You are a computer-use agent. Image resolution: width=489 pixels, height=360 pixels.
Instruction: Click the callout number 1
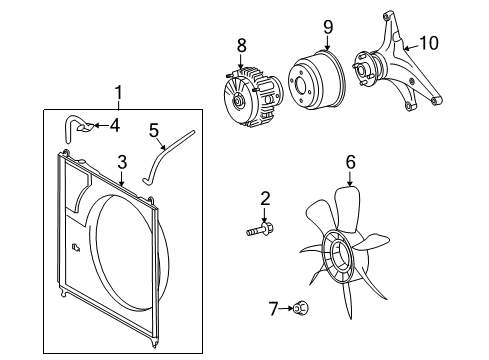[x=118, y=92]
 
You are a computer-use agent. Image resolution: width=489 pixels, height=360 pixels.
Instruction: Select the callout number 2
[x=265, y=199]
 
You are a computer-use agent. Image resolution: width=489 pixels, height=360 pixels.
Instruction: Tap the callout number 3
[x=122, y=162]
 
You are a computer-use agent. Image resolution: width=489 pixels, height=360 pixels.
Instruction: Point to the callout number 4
[x=115, y=126]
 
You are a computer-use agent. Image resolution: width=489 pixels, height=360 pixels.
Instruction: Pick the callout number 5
[x=154, y=130]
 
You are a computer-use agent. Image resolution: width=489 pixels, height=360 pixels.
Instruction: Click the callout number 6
[x=350, y=162]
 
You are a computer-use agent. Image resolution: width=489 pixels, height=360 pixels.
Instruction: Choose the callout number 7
[x=273, y=309]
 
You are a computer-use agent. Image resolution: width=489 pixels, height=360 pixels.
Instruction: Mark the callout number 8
[x=242, y=45]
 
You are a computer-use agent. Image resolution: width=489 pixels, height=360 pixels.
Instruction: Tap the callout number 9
[x=328, y=27]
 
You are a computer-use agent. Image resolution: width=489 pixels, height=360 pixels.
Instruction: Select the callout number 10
[x=429, y=43]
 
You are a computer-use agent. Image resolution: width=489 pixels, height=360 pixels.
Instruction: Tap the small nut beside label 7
[x=301, y=308]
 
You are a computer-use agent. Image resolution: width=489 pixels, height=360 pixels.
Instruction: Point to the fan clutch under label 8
[x=253, y=97]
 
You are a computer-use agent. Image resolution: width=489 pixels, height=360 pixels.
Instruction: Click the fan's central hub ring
[x=340, y=256]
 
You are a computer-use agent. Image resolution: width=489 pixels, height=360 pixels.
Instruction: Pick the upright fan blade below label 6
[x=348, y=208]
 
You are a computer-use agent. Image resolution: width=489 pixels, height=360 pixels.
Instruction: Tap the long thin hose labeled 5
[x=167, y=157]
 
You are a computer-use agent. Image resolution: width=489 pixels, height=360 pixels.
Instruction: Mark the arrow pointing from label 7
[x=286, y=309]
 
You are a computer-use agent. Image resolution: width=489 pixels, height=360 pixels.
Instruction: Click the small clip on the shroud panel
[x=76, y=247]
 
